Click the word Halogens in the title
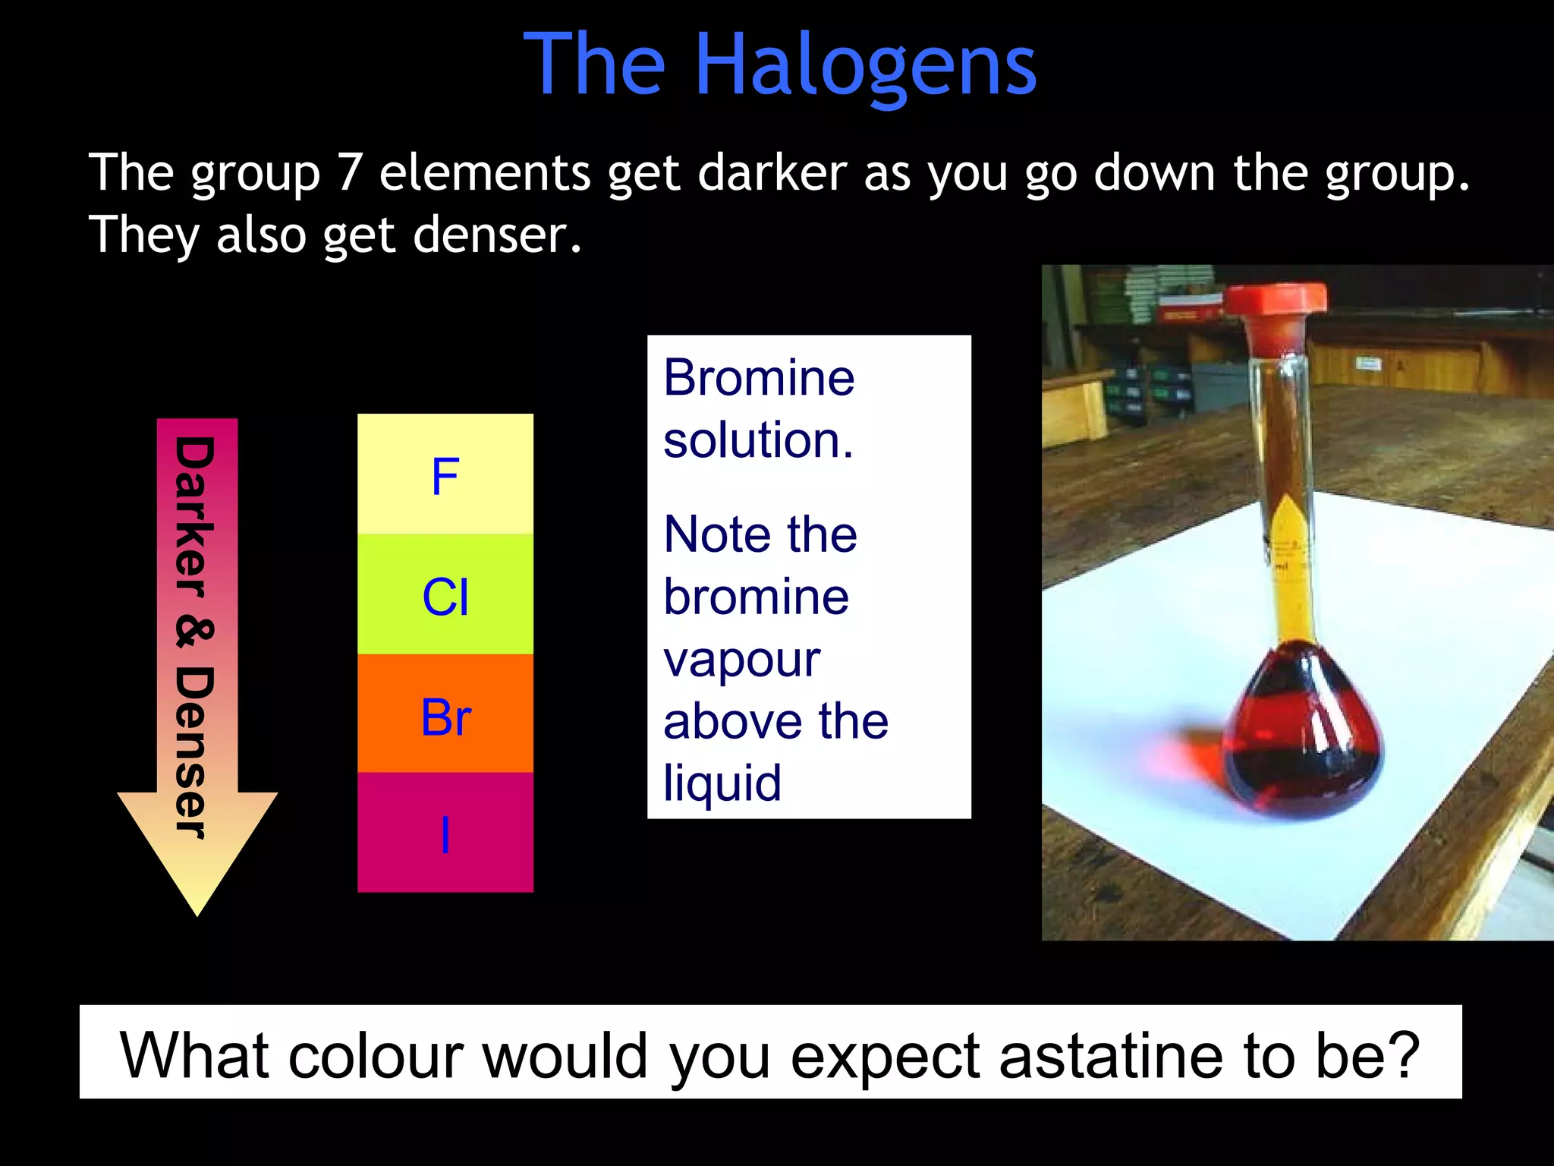[865, 67]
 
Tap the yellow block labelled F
[445, 474]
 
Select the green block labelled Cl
[445, 595]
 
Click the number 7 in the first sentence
[349, 173]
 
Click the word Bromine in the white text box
[759, 377]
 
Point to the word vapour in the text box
[741, 659]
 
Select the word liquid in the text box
[722, 783]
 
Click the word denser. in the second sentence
[498, 235]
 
